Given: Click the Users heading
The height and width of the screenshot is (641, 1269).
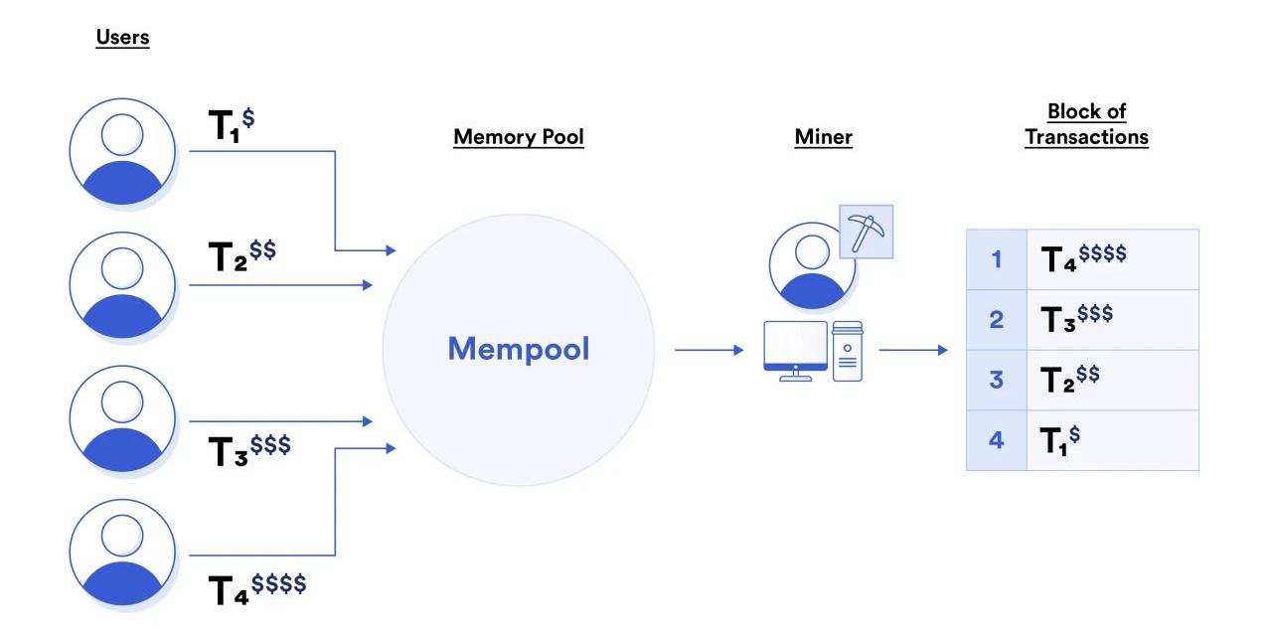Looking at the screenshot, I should [x=122, y=38].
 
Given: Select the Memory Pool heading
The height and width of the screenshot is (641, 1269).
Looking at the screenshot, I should [x=518, y=136].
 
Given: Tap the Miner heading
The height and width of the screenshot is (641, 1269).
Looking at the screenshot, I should [x=823, y=136].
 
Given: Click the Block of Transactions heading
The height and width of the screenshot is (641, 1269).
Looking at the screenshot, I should [x=1086, y=124].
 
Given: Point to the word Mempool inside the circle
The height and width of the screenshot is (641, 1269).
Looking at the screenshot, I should [x=518, y=349].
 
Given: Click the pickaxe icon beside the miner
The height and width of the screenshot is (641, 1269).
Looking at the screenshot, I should [x=866, y=232].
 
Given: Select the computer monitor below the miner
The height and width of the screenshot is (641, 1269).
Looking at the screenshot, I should [x=795, y=348].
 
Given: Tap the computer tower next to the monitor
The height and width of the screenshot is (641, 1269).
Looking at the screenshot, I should [x=847, y=351].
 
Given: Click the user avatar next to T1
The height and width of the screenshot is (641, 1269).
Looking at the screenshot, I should [x=122, y=152].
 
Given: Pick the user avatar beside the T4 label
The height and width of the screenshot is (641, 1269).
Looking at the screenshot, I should [x=122, y=553].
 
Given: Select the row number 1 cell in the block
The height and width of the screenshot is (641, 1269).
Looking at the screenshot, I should [x=996, y=259].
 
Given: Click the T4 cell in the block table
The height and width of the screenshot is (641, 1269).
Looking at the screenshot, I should [x=1112, y=259].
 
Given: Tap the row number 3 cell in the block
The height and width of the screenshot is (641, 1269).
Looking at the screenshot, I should [x=996, y=380].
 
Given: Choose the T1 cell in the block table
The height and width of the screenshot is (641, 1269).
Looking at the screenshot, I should [x=1112, y=440].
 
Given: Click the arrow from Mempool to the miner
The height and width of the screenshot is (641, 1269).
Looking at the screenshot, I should [x=709, y=350].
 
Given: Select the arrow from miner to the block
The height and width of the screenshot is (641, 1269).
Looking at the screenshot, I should [x=913, y=350].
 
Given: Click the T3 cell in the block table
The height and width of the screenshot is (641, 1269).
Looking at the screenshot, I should [x=1112, y=319].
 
